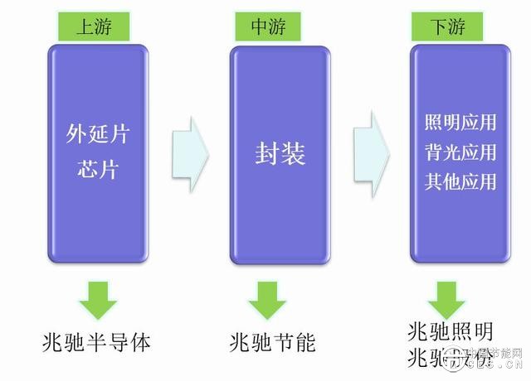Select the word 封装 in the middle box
tap(280, 154)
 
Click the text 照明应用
tap(460, 123)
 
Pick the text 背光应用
tap(460, 152)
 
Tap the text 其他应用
tap(460, 181)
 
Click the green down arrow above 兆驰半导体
tap(97, 300)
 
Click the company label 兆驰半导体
tap(97, 341)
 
